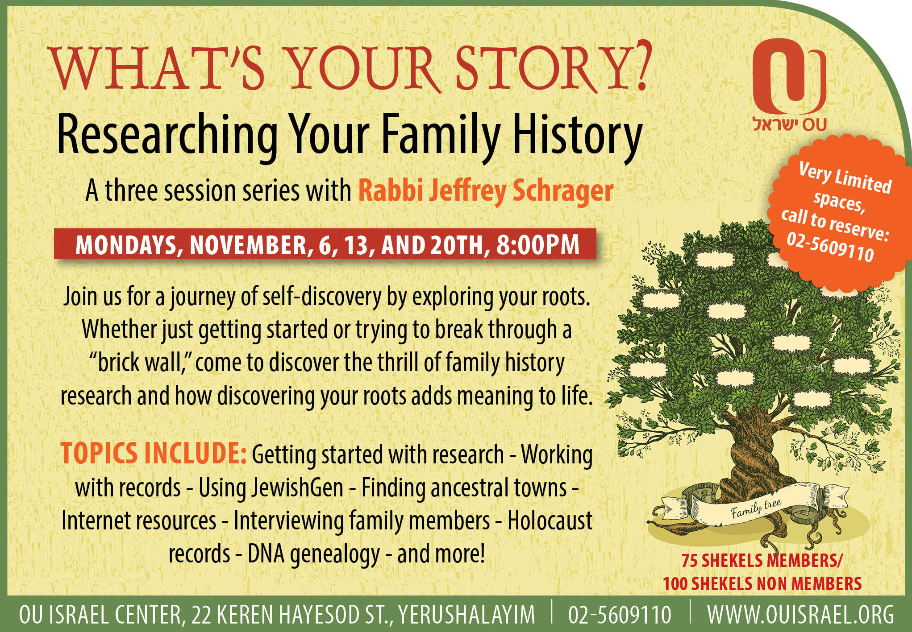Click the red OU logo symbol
[789, 76]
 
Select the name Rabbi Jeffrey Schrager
[486, 190]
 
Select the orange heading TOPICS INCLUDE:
[154, 454]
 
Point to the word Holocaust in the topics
[550, 520]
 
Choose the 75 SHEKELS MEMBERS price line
[761, 561]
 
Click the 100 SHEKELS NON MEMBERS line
[762, 583]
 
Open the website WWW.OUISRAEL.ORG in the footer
[801, 615]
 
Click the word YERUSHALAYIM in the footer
[466, 615]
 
